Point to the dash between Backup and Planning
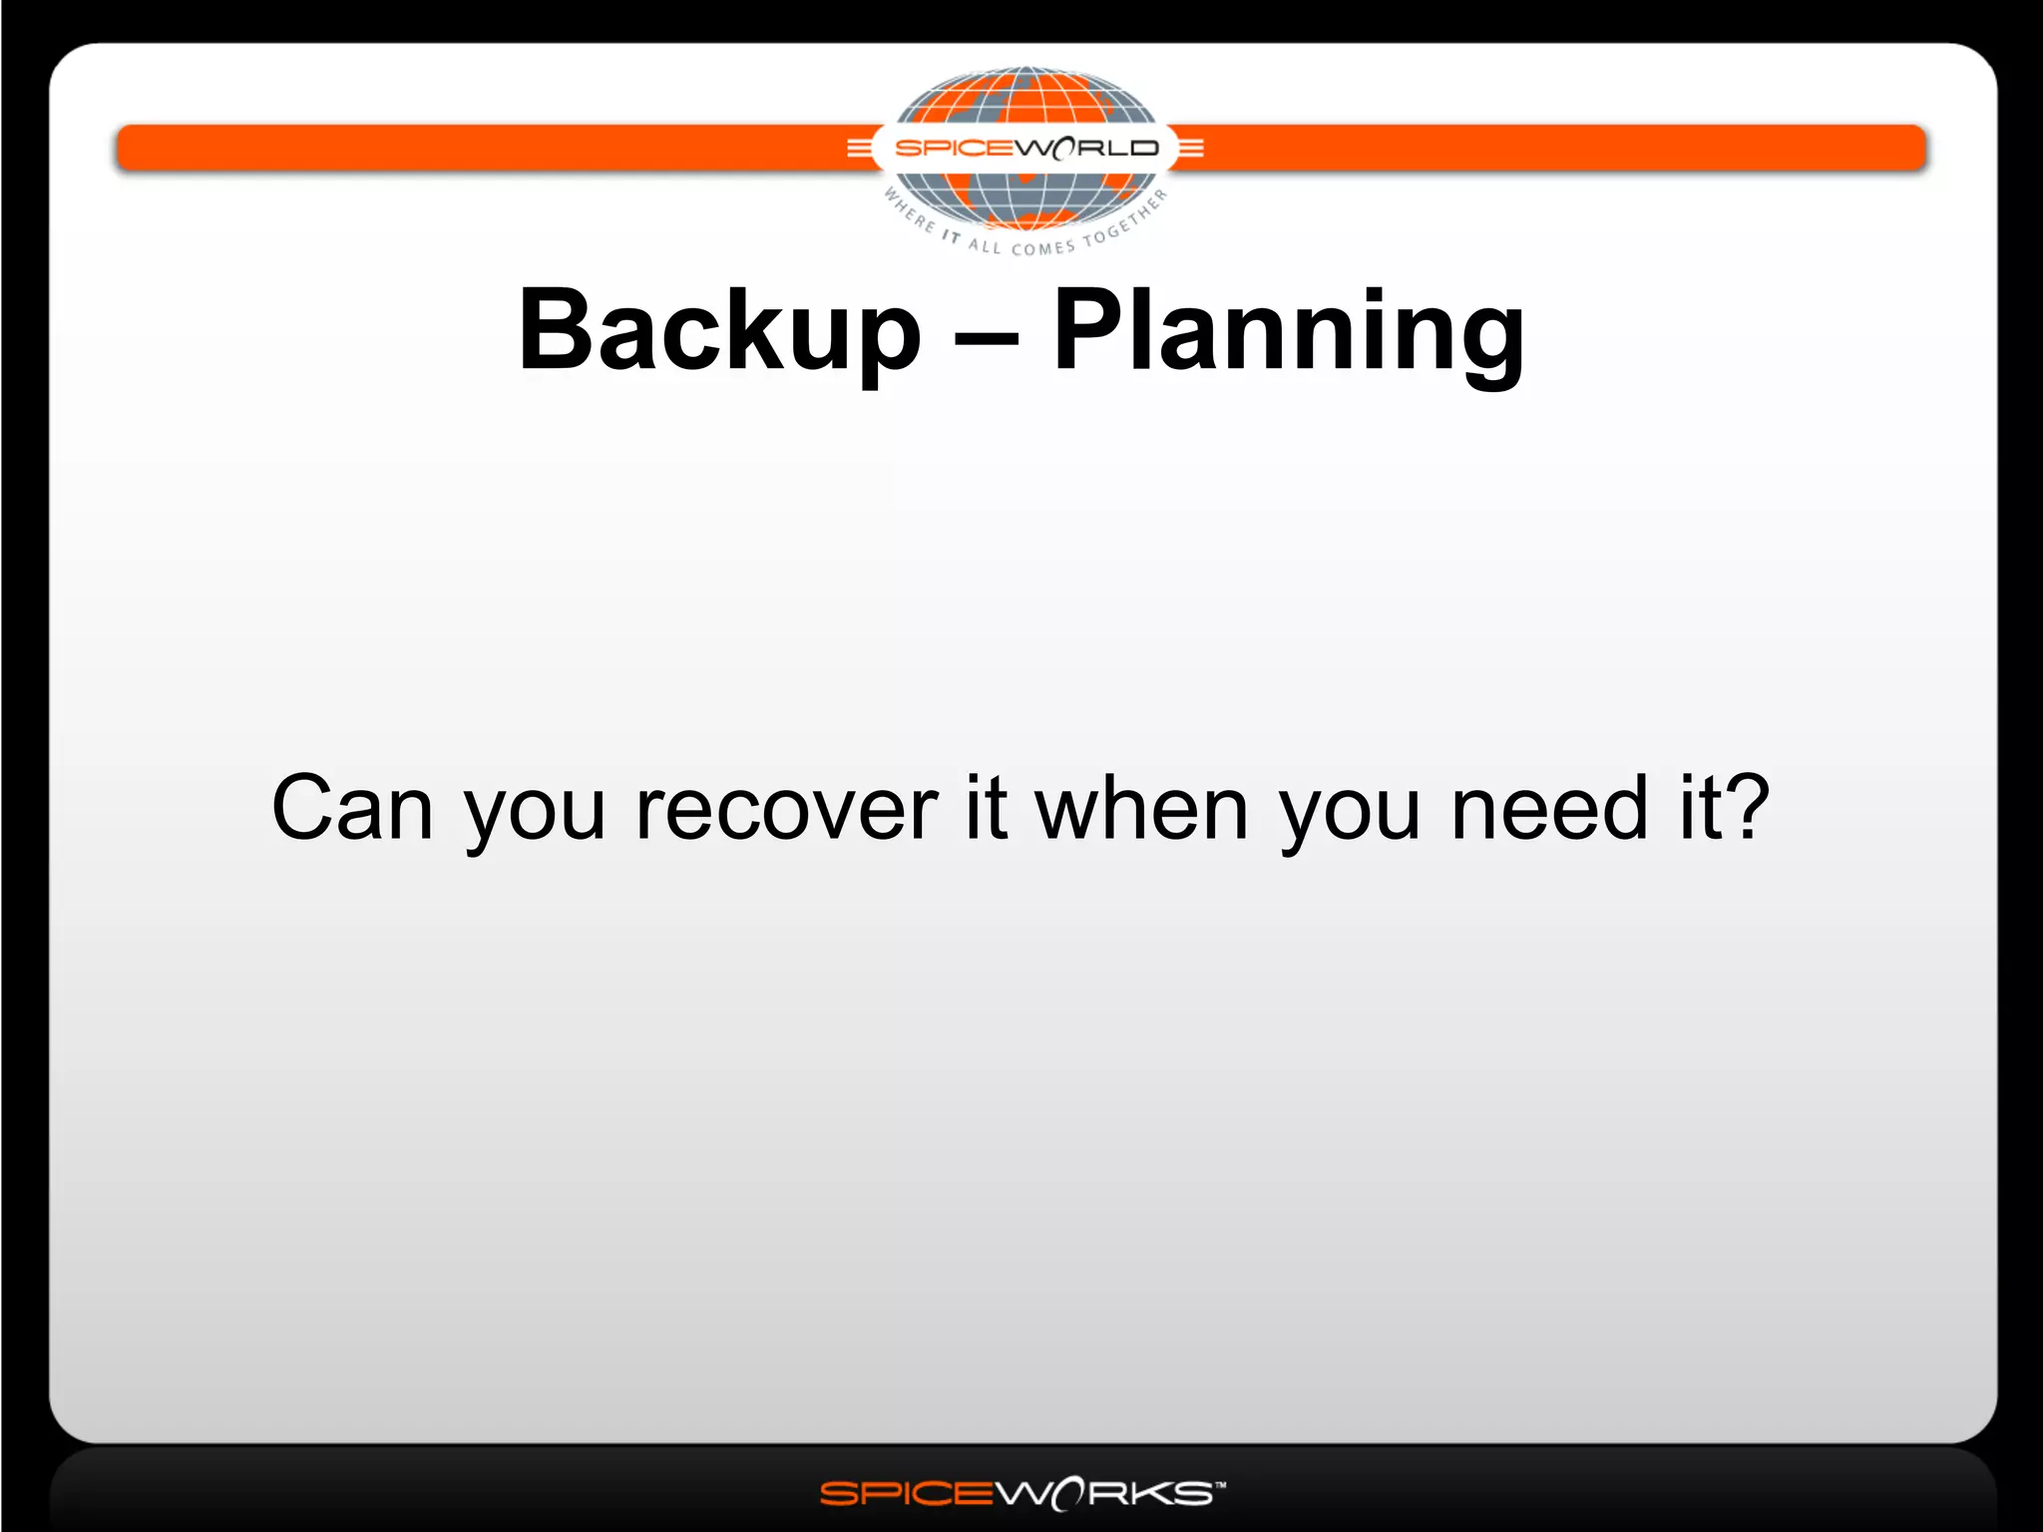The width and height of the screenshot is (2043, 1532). point(987,337)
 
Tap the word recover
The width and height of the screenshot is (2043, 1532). point(787,809)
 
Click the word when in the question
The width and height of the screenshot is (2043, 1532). point(1141,807)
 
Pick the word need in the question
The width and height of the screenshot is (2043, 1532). point(1549,807)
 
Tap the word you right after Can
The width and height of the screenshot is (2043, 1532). point(535,813)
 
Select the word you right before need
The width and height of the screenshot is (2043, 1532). point(1350,813)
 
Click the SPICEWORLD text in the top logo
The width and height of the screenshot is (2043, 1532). point(1026,149)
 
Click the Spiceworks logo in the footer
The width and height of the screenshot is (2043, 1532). point(1018,1493)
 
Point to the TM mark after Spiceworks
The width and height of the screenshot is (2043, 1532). point(1220,1484)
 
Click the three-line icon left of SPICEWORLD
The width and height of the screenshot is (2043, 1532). point(858,149)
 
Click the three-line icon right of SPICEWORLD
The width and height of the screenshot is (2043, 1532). point(1191,149)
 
